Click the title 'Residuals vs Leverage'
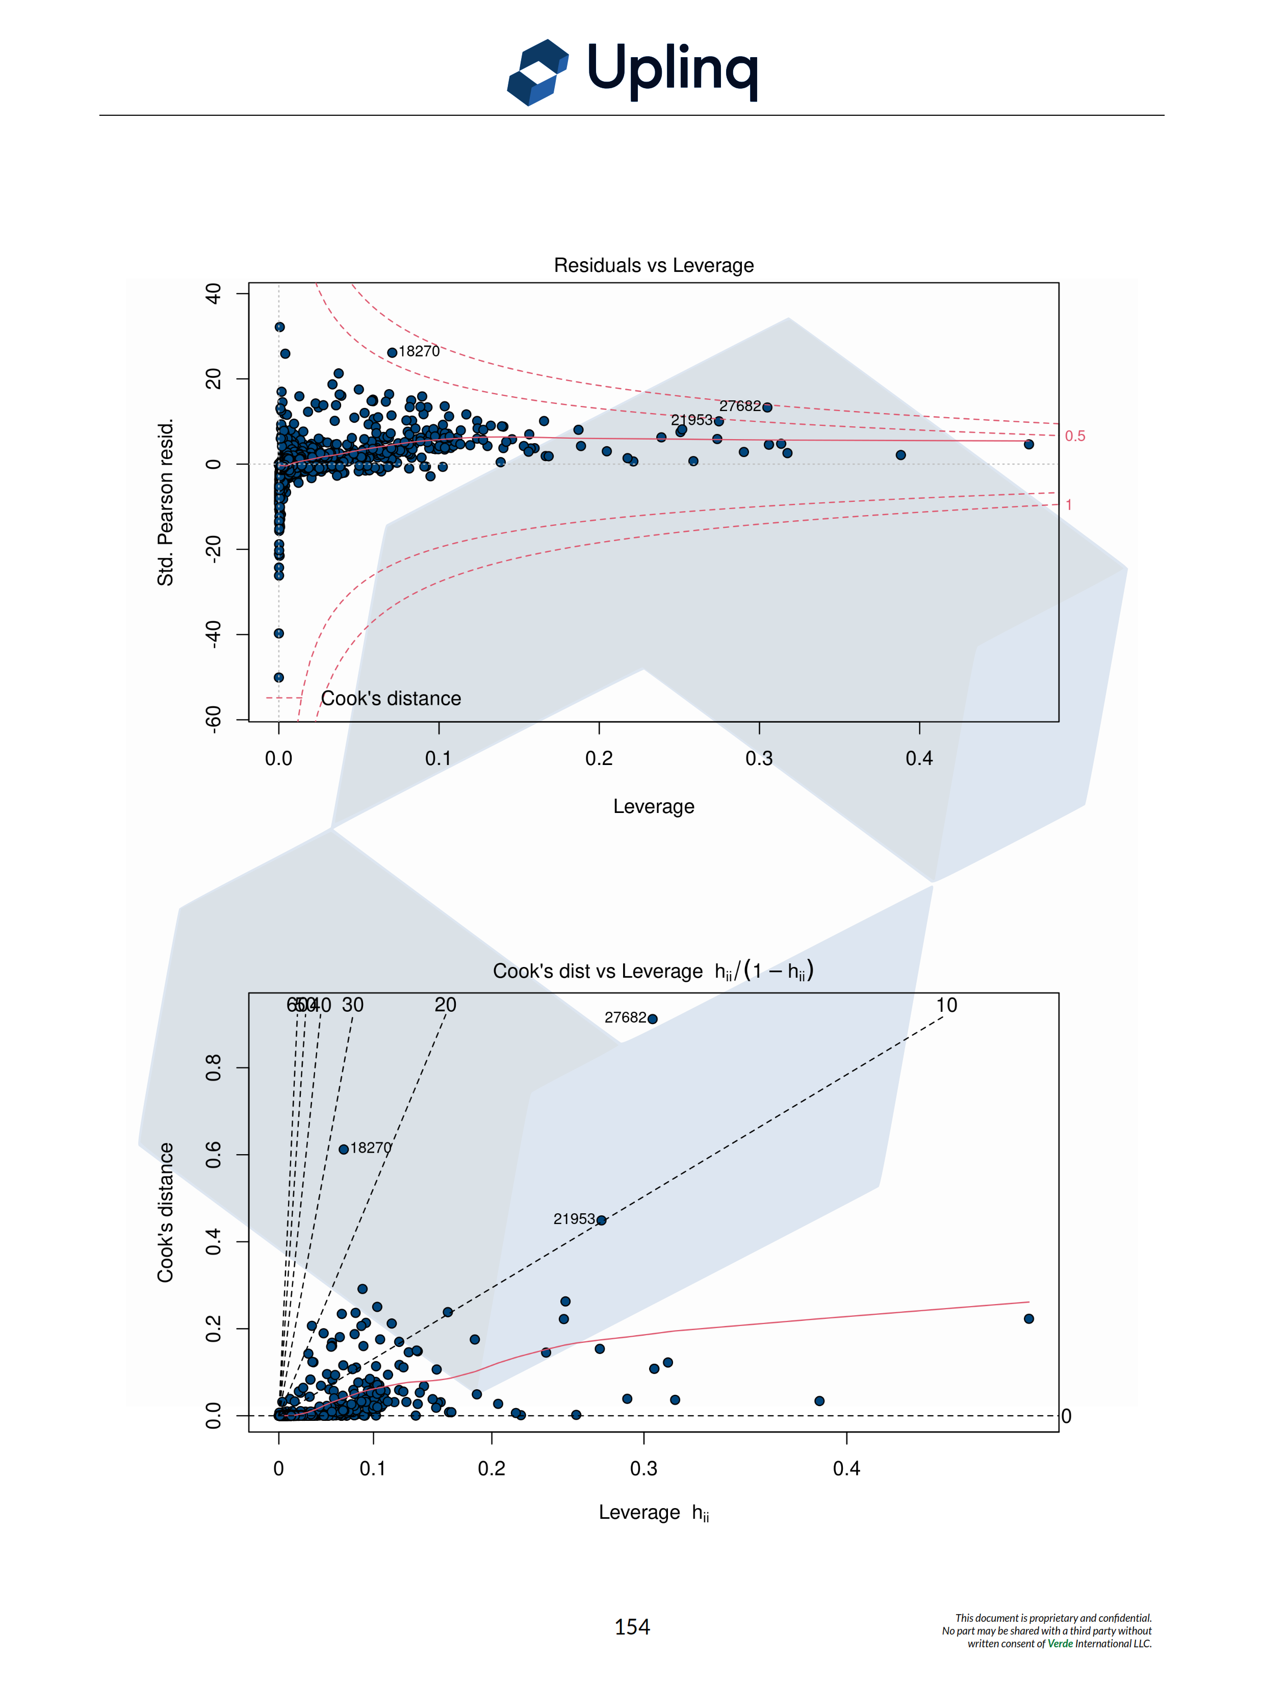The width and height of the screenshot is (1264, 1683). click(653, 266)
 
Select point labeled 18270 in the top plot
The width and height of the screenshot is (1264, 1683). click(392, 352)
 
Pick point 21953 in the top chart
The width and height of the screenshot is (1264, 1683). click(719, 421)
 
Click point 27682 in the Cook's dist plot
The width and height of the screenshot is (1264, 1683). click(653, 1019)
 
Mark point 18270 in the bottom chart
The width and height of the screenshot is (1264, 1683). click(344, 1149)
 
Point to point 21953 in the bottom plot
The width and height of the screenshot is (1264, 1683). click(602, 1220)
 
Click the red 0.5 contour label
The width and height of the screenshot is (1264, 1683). click(1075, 436)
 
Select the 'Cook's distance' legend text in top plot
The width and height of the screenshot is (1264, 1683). click(391, 699)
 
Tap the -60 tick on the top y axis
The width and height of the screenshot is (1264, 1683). click(214, 719)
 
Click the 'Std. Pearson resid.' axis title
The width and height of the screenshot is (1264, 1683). click(166, 502)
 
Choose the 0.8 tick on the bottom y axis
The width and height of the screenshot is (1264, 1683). click(214, 1067)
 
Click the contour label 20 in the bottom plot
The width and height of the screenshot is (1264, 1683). click(446, 1005)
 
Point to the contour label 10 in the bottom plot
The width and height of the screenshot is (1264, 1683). click(946, 1005)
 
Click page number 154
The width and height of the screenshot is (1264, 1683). click(632, 1627)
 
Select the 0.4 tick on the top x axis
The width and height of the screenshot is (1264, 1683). click(919, 758)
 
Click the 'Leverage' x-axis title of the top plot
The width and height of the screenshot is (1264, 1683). click(653, 806)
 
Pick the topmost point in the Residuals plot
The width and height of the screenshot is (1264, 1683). click(280, 327)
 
